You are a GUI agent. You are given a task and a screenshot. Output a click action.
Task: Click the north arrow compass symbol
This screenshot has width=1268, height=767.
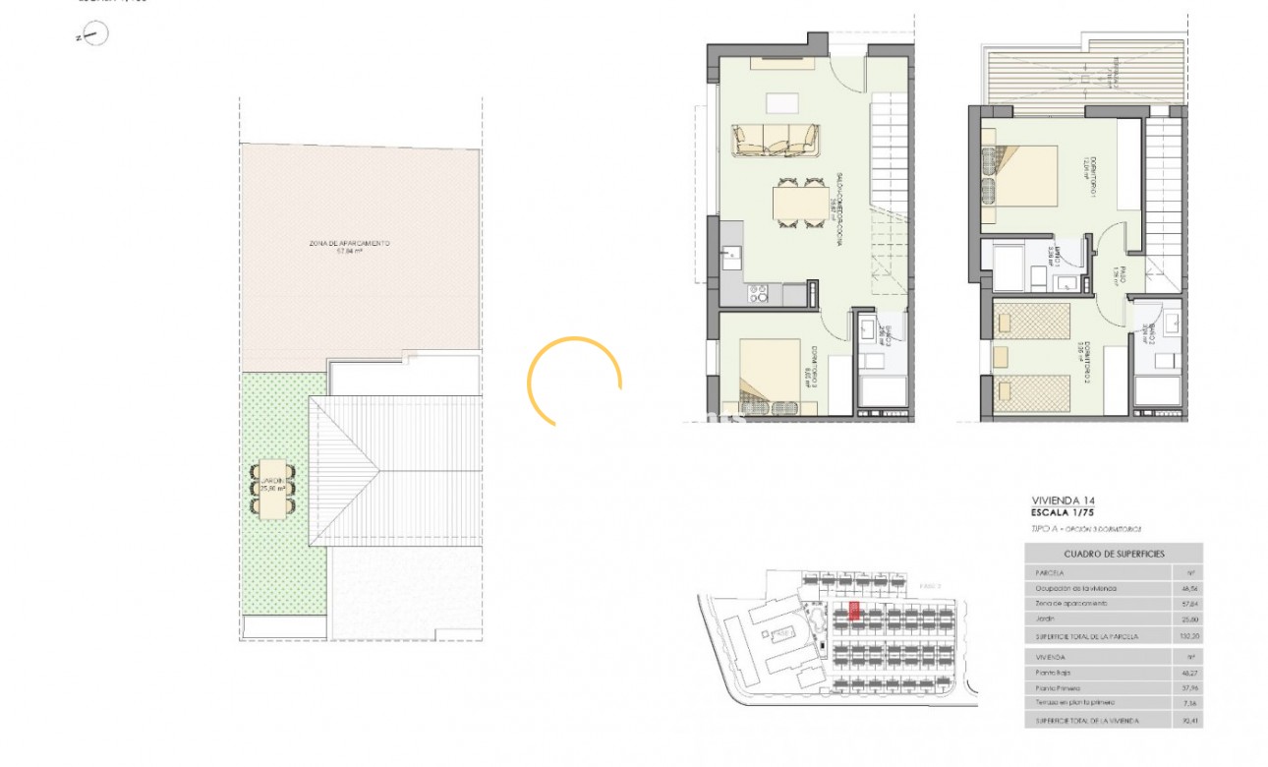point(94,35)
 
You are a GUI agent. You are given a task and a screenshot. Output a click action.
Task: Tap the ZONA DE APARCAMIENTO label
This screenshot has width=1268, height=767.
point(350,243)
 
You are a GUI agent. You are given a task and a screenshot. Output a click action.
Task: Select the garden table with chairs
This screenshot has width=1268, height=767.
point(273,488)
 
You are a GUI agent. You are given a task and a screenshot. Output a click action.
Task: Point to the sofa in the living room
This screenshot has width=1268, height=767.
point(776,140)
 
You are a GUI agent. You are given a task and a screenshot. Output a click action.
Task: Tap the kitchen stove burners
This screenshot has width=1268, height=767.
point(759,292)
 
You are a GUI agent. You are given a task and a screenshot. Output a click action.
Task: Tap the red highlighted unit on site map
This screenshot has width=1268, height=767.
point(854,612)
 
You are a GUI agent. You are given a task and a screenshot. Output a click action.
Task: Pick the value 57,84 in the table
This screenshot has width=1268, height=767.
point(1188,603)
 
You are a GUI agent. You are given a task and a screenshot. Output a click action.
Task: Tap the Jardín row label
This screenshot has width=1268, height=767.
point(1045,619)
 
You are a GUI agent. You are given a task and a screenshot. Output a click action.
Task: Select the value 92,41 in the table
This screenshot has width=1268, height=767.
point(1188,721)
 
